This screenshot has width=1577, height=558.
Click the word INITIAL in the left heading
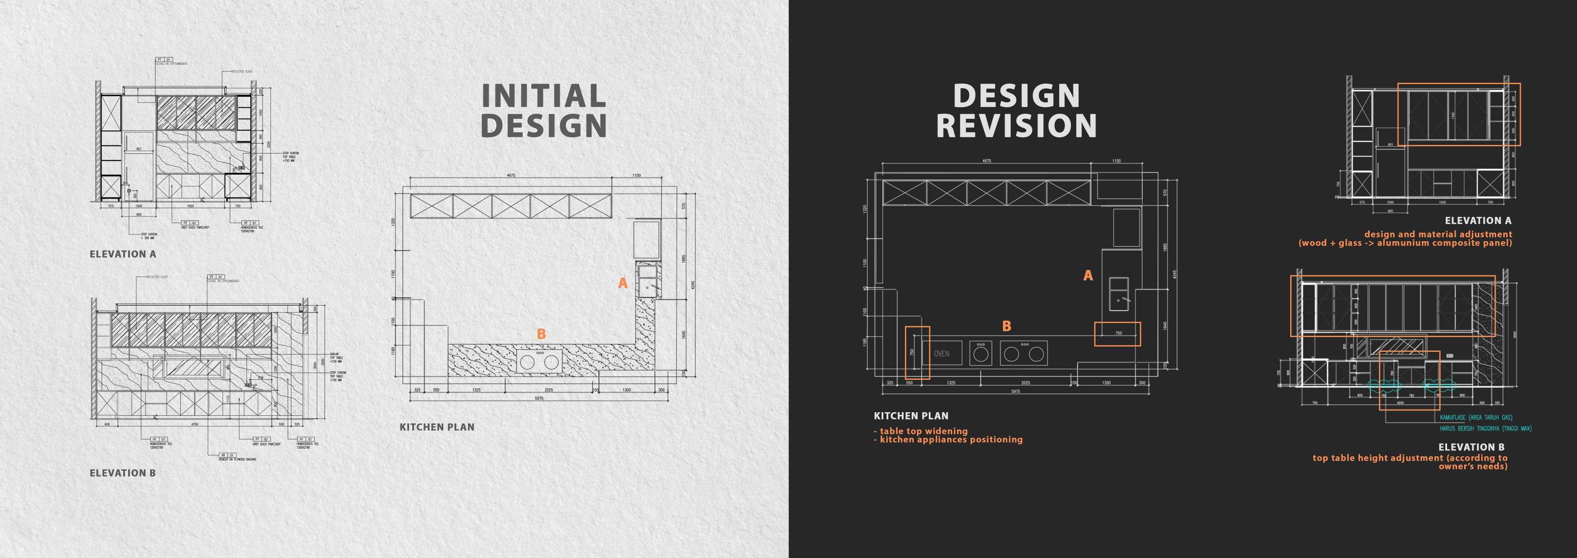coord(543,96)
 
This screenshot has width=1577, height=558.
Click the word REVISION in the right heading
coord(1016,126)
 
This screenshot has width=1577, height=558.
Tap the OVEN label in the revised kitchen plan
coord(941,353)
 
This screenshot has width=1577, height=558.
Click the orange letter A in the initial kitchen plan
coord(623,283)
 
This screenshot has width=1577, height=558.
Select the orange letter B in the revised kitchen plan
coord(1007,326)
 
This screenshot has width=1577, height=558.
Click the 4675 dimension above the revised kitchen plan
coord(986,161)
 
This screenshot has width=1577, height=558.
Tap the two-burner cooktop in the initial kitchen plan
coord(539,360)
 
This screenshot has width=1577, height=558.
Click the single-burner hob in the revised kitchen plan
coord(981,353)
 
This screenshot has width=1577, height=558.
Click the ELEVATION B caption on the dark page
coord(1471,447)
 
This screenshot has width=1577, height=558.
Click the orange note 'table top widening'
coord(920,431)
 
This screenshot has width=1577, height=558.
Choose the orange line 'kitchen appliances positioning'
coord(948,440)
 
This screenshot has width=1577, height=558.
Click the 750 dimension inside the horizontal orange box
coord(1118,333)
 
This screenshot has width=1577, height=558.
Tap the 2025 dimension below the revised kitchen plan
coord(1025,383)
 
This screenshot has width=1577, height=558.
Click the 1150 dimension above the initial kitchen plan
coord(637,176)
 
